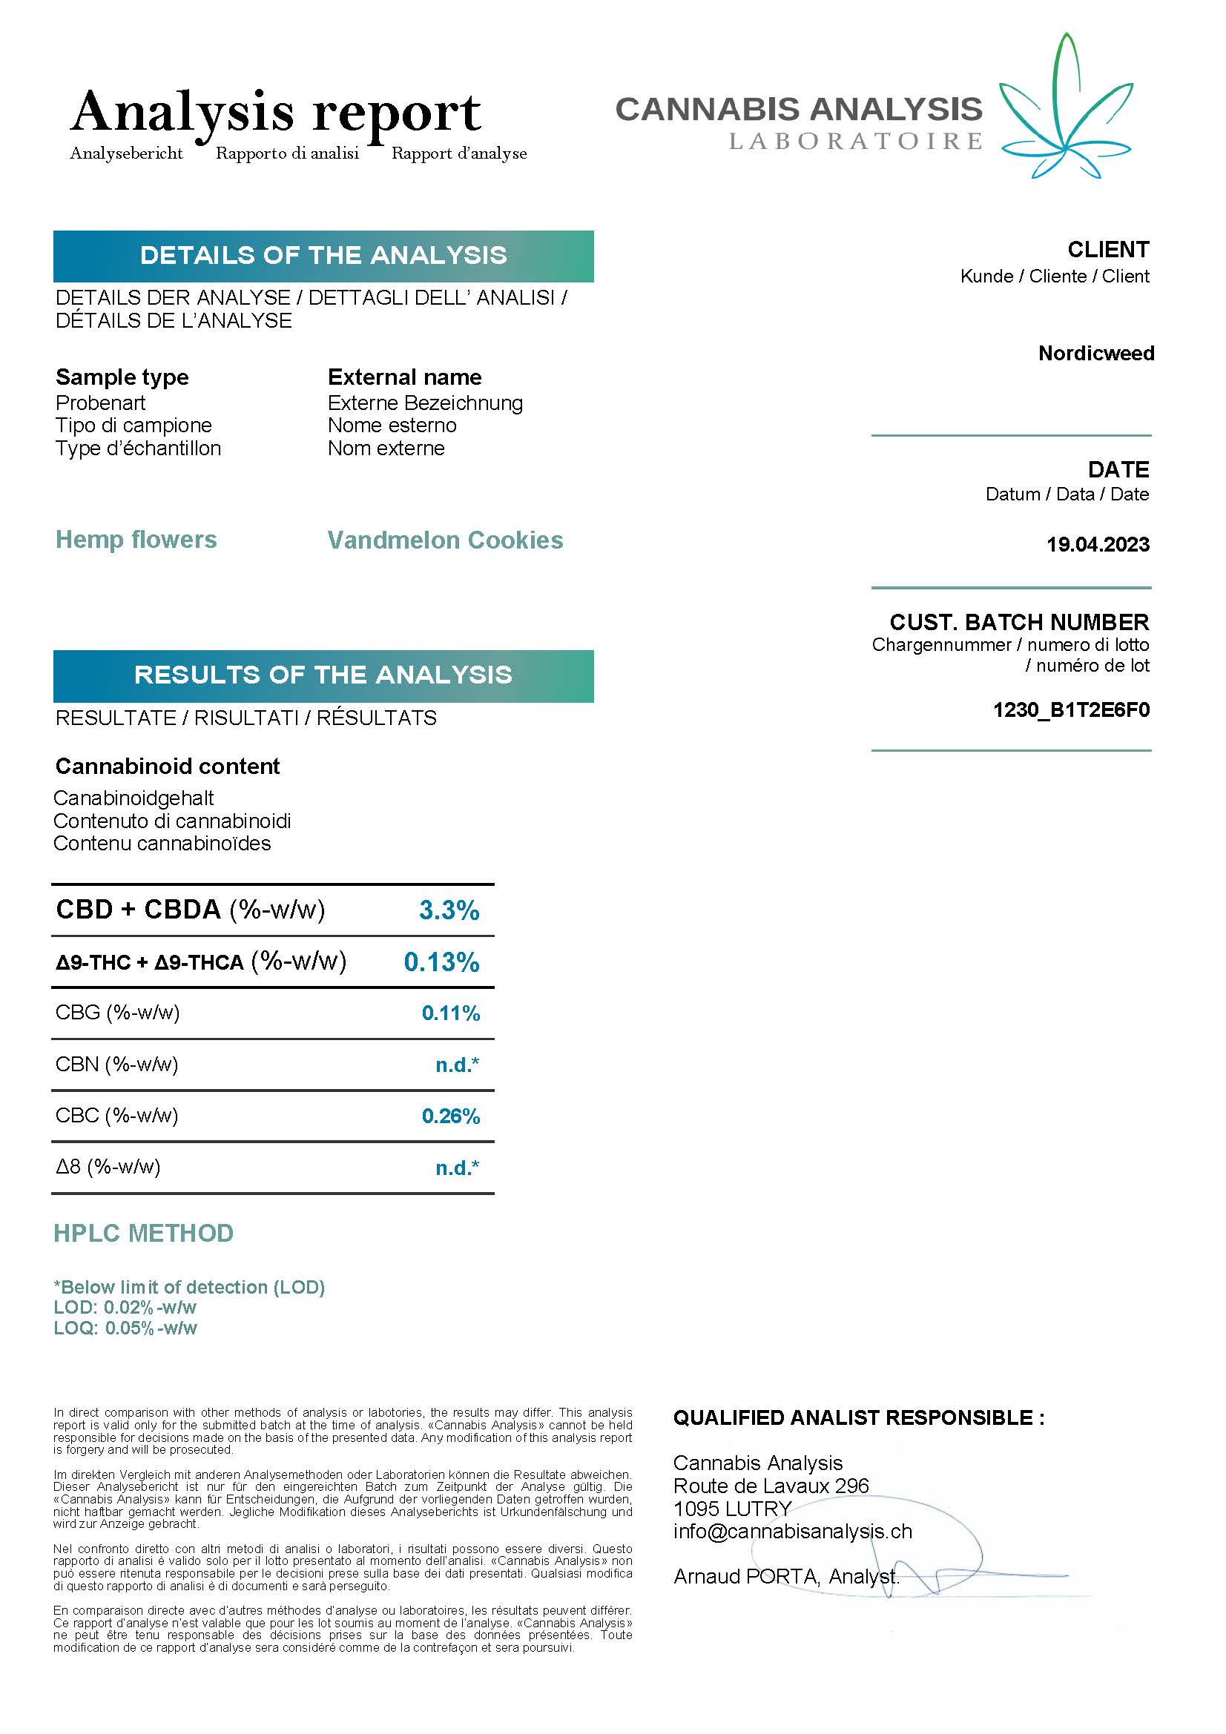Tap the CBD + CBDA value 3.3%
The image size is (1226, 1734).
(x=449, y=910)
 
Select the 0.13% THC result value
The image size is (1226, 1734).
(x=441, y=962)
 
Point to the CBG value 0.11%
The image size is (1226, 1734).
(x=450, y=1013)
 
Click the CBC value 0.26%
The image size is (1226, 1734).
(x=450, y=1116)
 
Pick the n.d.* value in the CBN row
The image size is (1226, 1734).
(x=457, y=1065)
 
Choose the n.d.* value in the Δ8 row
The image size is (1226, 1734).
(x=457, y=1168)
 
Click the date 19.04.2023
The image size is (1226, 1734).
(x=1098, y=545)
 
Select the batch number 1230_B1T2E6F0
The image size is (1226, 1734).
(x=1071, y=710)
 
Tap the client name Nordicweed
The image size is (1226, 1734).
(x=1096, y=354)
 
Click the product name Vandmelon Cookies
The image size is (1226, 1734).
(x=445, y=540)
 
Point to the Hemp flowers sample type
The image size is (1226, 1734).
(x=136, y=539)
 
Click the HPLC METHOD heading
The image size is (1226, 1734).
(x=144, y=1234)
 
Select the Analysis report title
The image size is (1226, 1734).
(x=276, y=112)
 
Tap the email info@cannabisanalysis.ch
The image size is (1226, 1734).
(x=792, y=1531)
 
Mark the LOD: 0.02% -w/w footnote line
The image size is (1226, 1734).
(x=125, y=1307)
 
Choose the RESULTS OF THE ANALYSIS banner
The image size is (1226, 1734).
(x=323, y=675)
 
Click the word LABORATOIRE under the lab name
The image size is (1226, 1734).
(x=855, y=142)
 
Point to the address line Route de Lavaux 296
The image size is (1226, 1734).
(x=771, y=1486)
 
